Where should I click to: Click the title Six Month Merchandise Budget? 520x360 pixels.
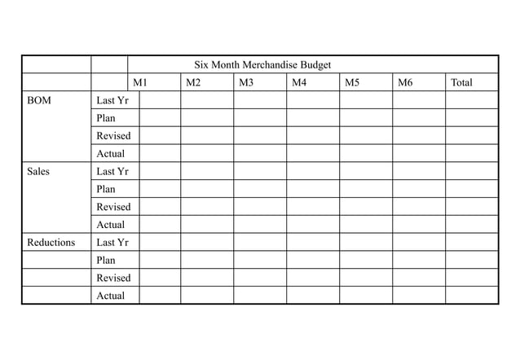point(262,64)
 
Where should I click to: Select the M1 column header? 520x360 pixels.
point(140,82)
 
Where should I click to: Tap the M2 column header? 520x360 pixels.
point(193,82)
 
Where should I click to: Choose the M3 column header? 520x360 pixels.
point(246,82)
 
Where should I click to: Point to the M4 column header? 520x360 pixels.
point(299,82)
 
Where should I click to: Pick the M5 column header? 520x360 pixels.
point(352,82)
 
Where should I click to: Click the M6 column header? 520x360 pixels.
point(405,82)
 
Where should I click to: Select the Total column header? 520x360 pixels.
point(461,82)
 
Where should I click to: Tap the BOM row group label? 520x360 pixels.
point(38,100)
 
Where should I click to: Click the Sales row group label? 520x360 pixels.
point(38,171)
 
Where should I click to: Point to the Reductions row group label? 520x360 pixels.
point(51,242)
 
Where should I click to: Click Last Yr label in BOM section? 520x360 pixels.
point(112,100)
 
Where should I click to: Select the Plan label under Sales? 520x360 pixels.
point(106,189)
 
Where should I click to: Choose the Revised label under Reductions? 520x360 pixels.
point(113,278)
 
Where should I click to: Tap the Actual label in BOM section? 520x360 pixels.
point(111,153)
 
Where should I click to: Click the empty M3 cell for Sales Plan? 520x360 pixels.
point(260,189)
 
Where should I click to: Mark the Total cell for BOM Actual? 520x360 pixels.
point(471,153)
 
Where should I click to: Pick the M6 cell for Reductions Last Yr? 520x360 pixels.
point(418,242)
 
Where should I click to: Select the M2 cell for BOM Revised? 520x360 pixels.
point(207,135)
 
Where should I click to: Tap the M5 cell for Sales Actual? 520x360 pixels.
point(365,224)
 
